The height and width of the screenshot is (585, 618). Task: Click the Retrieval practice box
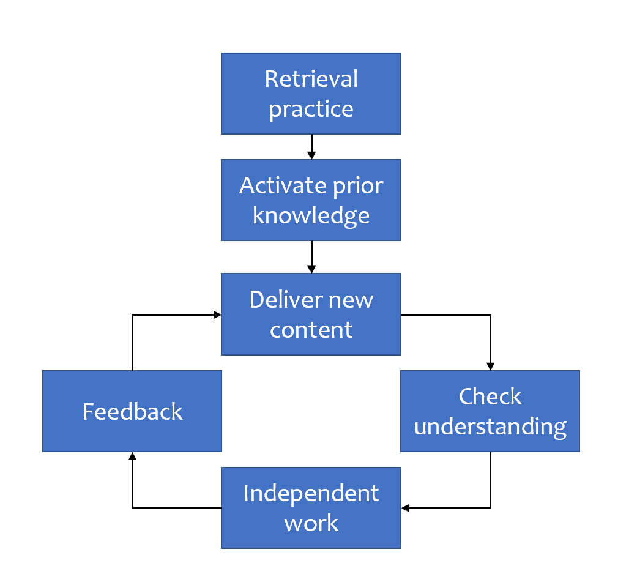pyautogui.click(x=311, y=94)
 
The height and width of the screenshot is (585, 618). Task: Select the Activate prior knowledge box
pyautogui.click(x=311, y=200)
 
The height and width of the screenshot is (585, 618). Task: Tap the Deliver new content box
pyautogui.click(x=311, y=314)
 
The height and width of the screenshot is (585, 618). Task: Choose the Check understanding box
pyautogui.click(x=490, y=411)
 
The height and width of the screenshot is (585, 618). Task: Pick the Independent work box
pyautogui.click(x=311, y=508)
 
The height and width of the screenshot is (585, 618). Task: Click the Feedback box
pyautogui.click(x=132, y=411)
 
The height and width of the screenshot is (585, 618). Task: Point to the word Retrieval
pyautogui.click(x=311, y=79)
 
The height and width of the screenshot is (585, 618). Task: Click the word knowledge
pyautogui.click(x=311, y=215)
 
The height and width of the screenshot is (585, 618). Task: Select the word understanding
pyautogui.click(x=490, y=427)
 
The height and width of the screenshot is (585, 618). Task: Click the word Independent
pyautogui.click(x=311, y=493)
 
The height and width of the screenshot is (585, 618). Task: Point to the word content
pyautogui.click(x=311, y=330)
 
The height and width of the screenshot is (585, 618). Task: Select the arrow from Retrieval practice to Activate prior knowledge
pyautogui.click(x=311, y=147)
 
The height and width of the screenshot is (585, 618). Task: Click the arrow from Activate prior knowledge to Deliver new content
pyautogui.click(x=311, y=257)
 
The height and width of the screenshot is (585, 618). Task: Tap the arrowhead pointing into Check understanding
pyautogui.click(x=490, y=366)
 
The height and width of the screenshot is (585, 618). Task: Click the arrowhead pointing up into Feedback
pyautogui.click(x=132, y=456)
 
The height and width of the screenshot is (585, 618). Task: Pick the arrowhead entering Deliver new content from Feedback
pyautogui.click(x=217, y=315)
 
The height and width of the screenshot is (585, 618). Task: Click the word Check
pyautogui.click(x=490, y=397)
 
